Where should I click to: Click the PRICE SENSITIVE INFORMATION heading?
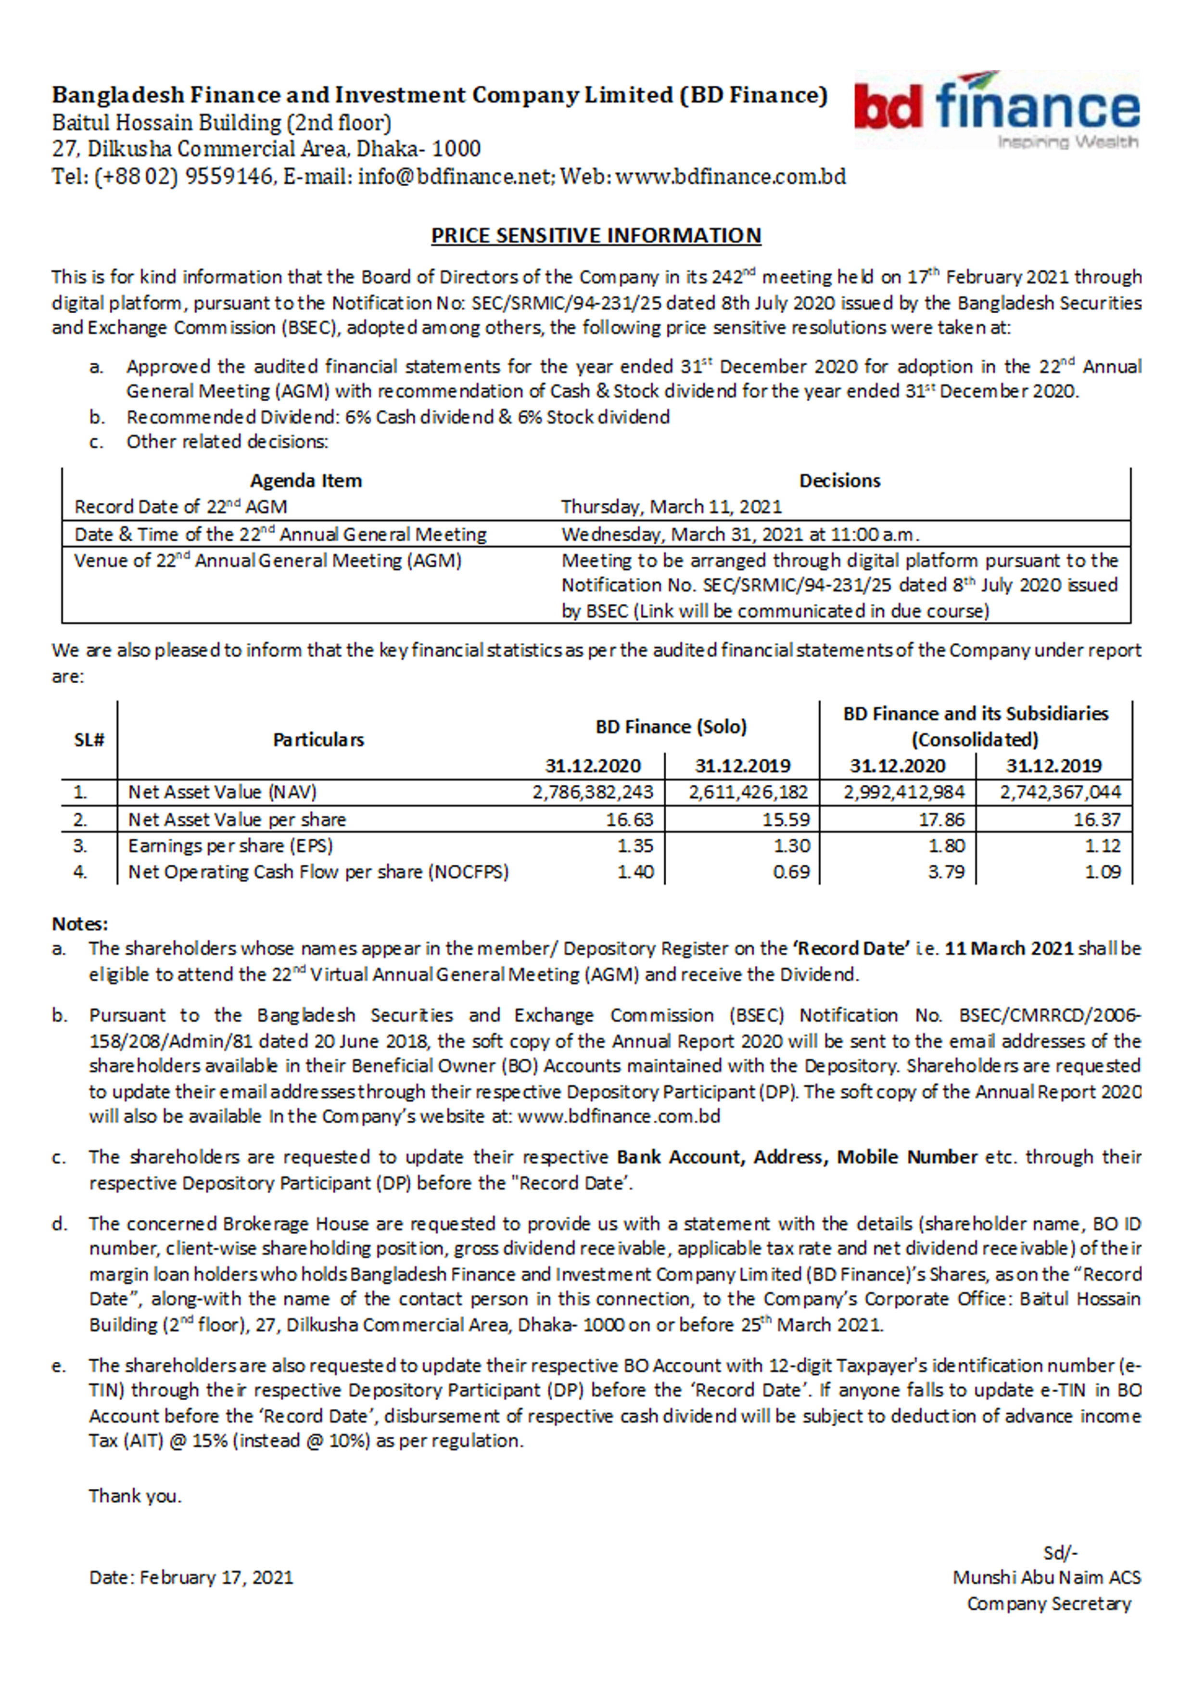tap(596, 235)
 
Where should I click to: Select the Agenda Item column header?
tap(306, 481)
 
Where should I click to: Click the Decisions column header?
tap(839, 481)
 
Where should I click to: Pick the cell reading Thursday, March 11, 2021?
tap(671, 507)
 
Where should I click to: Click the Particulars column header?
tap(318, 740)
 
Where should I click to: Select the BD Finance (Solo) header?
tap(671, 727)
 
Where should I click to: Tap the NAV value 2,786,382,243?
tap(593, 793)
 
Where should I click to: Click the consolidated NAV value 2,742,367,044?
tap(1059, 793)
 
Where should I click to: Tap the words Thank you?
tap(135, 1496)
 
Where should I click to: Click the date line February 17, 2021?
tap(191, 1578)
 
